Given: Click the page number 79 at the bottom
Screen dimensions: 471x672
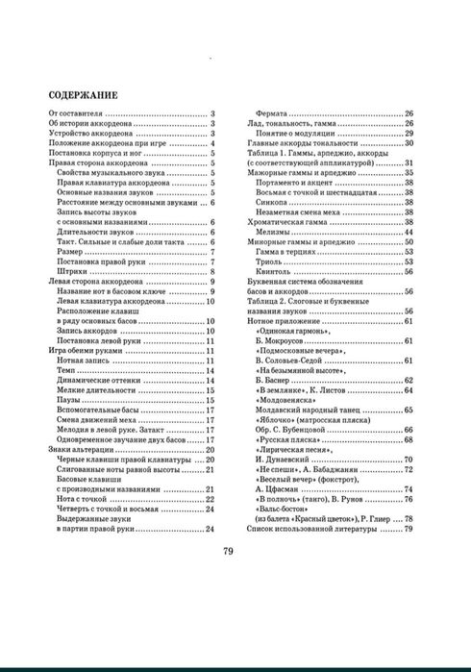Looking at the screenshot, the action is click(x=229, y=551).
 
